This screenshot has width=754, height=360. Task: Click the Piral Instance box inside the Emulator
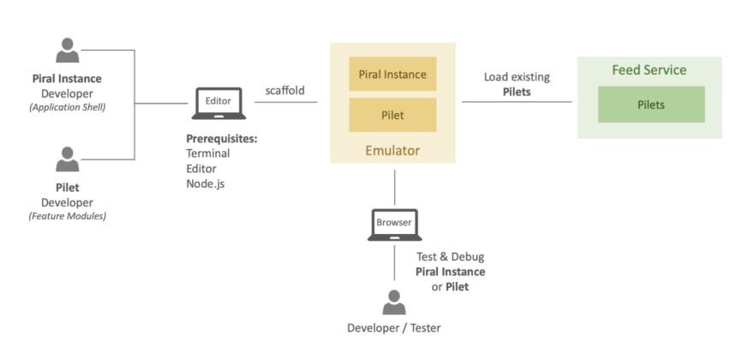pyautogui.click(x=392, y=75)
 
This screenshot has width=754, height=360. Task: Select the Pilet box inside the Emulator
pyautogui.click(x=392, y=114)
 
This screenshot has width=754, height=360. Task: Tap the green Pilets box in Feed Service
pyautogui.click(x=650, y=105)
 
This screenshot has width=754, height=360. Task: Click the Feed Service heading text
pyautogui.click(x=649, y=70)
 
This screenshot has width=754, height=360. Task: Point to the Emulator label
pyautogui.click(x=392, y=150)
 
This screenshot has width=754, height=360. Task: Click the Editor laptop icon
pyautogui.click(x=218, y=103)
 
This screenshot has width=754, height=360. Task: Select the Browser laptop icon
pyautogui.click(x=394, y=225)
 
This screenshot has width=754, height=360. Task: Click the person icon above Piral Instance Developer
pyautogui.click(x=68, y=51)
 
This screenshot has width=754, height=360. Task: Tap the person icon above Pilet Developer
pyautogui.click(x=68, y=159)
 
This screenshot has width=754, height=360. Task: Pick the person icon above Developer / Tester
pyautogui.click(x=394, y=303)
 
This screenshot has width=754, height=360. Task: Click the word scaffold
pyautogui.click(x=285, y=89)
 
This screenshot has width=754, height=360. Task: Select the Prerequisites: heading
pyautogui.click(x=222, y=138)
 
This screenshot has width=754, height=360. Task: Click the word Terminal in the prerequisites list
pyautogui.click(x=208, y=153)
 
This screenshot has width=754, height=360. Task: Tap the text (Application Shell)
pyautogui.click(x=67, y=107)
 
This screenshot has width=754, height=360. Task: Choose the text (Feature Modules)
pyautogui.click(x=67, y=216)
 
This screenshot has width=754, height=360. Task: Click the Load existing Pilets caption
pyautogui.click(x=517, y=84)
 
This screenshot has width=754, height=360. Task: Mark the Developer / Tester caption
pyautogui.click(x=394, y=328)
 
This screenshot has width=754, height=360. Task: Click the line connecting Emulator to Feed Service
pyautogui.click(x=517, y=102)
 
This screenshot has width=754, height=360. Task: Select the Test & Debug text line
pyautogui.click(x=450, y=256)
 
